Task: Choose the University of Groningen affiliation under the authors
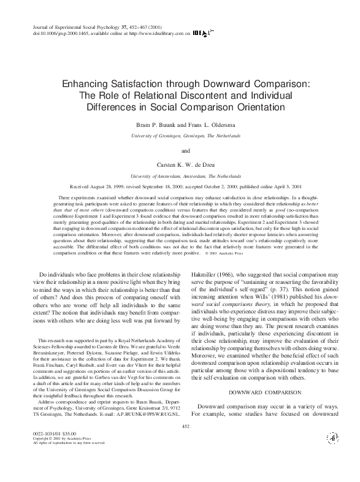click(x=180, y=134)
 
